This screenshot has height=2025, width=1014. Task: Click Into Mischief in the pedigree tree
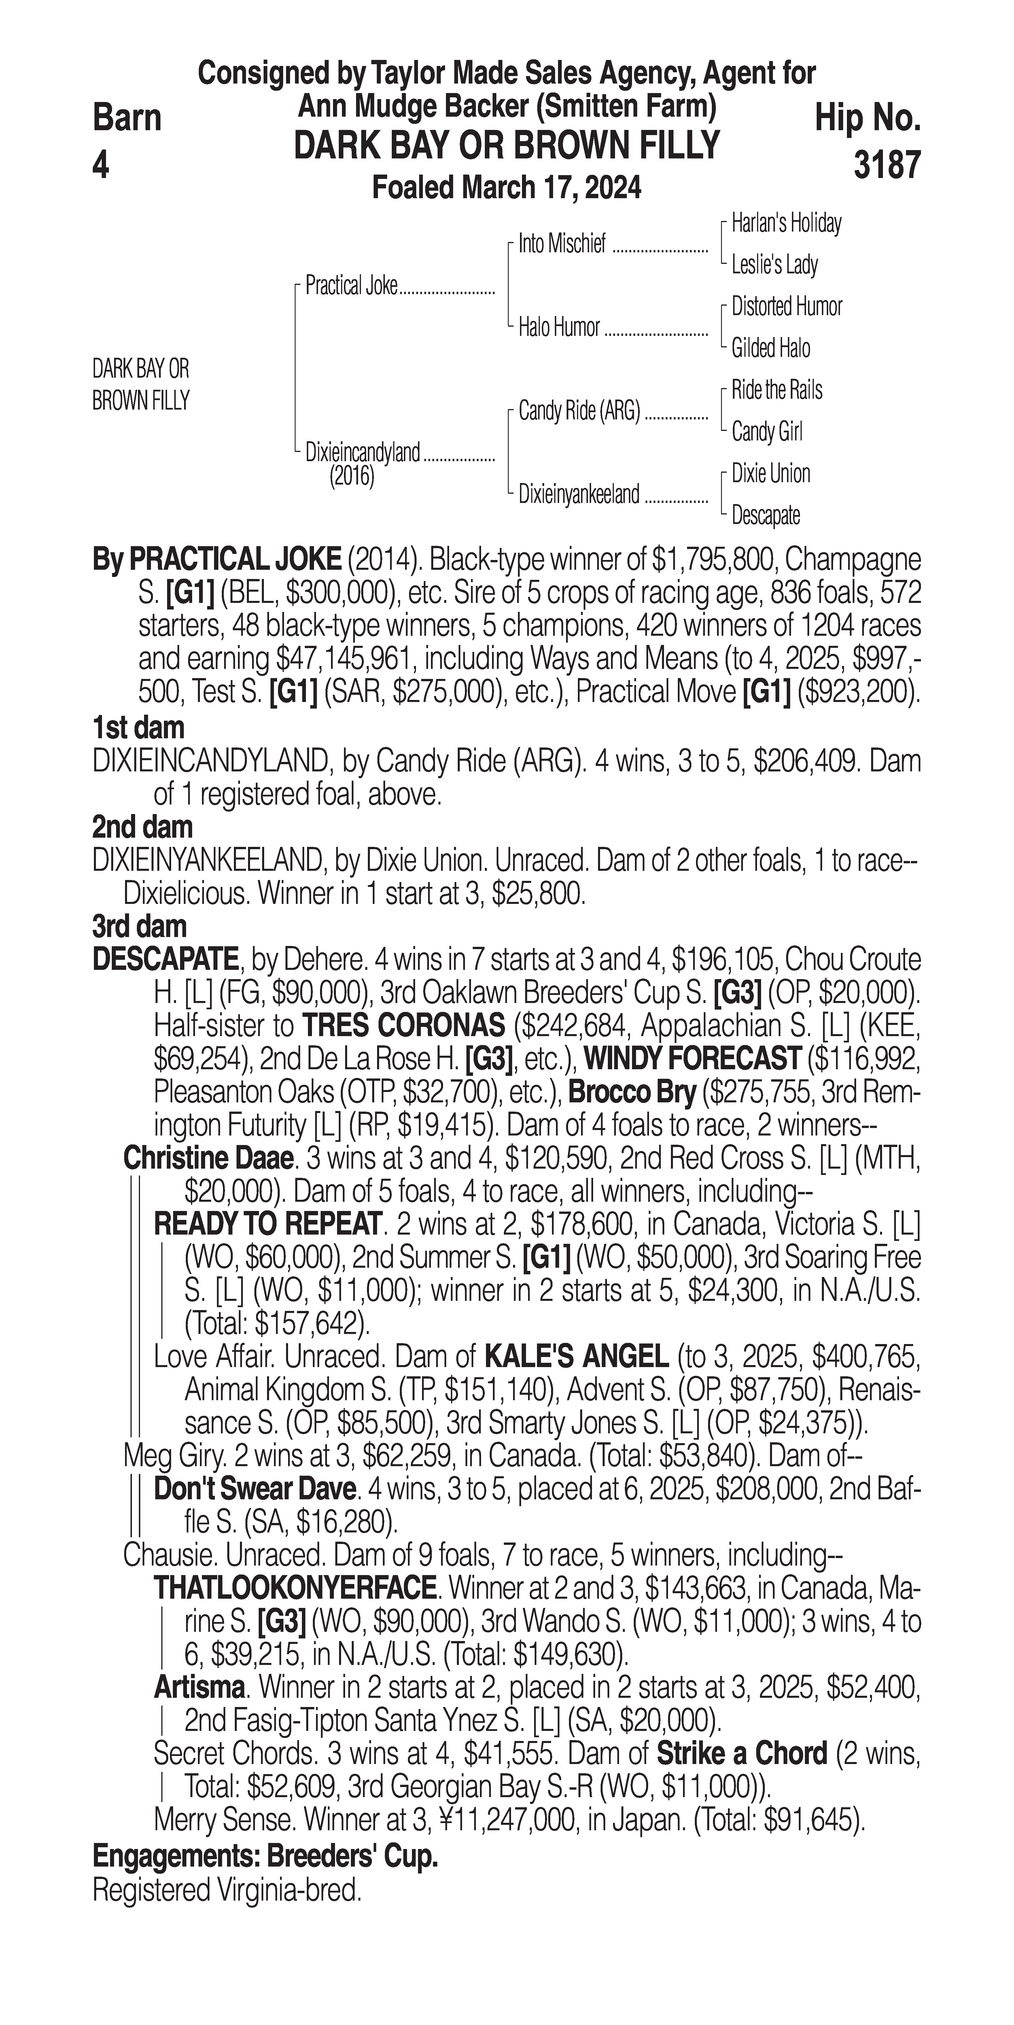point(562,245)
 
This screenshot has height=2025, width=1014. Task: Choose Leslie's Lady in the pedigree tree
point(774,265)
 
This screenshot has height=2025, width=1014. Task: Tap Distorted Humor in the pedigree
point(786,306)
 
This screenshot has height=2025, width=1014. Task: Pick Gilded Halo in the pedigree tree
point(770,348)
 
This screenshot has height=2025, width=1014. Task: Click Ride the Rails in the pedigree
point(777,390)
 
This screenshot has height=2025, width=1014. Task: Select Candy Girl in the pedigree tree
point(766,432)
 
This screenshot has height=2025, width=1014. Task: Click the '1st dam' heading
point(138,728)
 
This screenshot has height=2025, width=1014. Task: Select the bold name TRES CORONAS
point(403,1026)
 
